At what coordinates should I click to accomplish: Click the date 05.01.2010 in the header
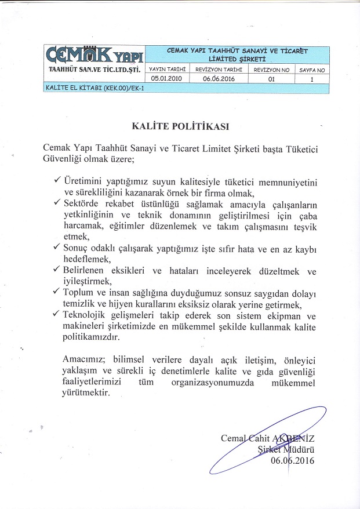[167, 78]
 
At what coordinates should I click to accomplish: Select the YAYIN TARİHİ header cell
[167, 70]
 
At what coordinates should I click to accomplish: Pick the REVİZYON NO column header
[271, 70]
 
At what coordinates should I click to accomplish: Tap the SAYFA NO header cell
[312, 70]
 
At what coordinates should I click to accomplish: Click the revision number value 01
[271, 79]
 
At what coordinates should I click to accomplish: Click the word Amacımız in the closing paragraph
[81, 359]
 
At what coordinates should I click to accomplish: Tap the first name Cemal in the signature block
[234, 438]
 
